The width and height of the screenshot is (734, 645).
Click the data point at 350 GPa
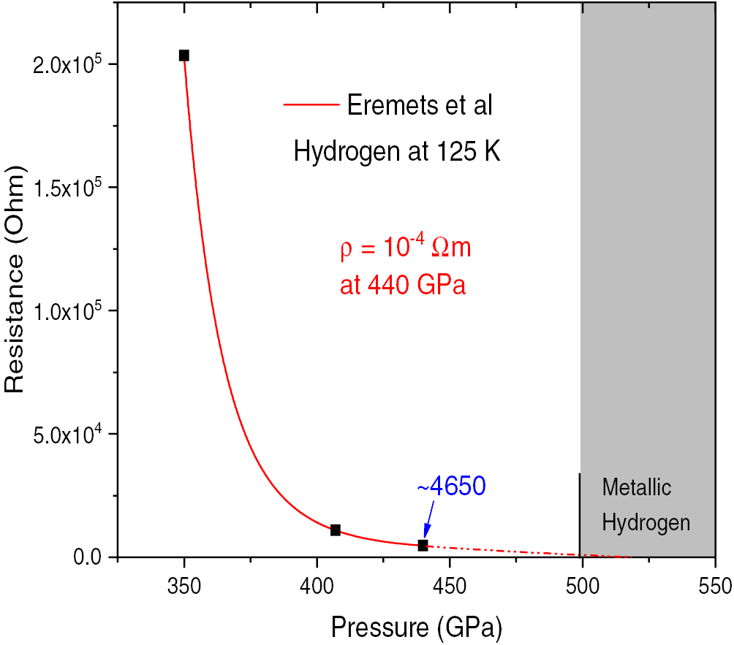(x=184, y=56)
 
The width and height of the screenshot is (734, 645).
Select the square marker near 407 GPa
(x=336, y=530)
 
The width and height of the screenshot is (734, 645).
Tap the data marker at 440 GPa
(x=423, y=545)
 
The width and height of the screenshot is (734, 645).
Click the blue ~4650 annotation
(x=451, y=486)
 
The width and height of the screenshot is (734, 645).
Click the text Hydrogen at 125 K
(x=396, y=152)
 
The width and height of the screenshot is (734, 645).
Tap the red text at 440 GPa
(x=402, y=286)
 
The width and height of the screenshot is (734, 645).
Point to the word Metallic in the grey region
(x=636, y=487)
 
